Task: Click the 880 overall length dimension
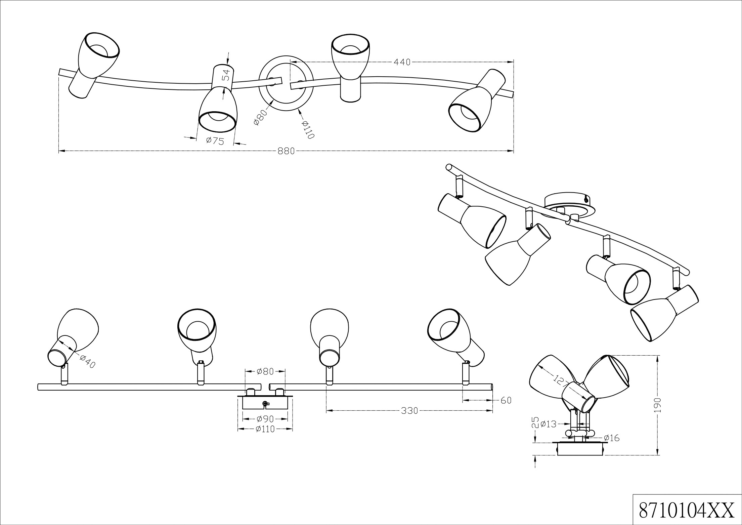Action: tap(286, 151)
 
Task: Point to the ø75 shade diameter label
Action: tap(215, 141)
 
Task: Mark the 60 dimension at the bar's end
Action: tap(506, 400)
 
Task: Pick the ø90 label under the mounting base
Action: tap(265, 419)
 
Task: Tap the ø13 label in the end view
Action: tap(549, 424)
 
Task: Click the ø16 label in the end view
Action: tap(611, 438)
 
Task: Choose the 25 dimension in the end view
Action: tap(536, 422)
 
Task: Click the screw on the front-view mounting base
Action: tap(265, 404)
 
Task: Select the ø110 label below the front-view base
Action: tap(265, 429)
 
